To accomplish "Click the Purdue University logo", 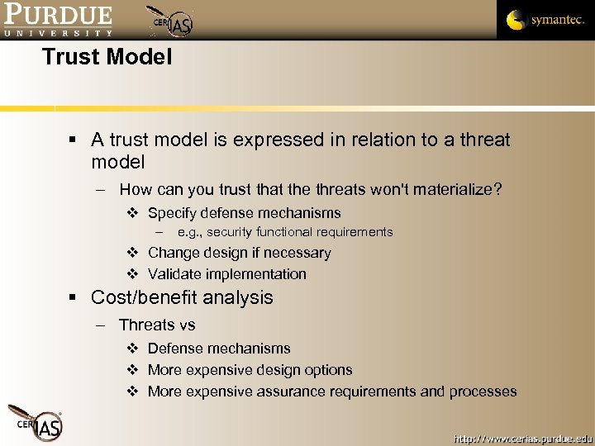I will coord(57,20).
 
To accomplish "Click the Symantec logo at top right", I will coord(545,20).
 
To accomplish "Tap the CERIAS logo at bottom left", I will coord(35,422).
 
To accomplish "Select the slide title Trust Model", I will coord(107,57).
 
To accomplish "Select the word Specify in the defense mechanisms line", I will coord(174,213).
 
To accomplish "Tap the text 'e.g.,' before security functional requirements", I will coord(189,232).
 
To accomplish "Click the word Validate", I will coord(176,274).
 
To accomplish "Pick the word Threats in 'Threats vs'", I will coord(145,325).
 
